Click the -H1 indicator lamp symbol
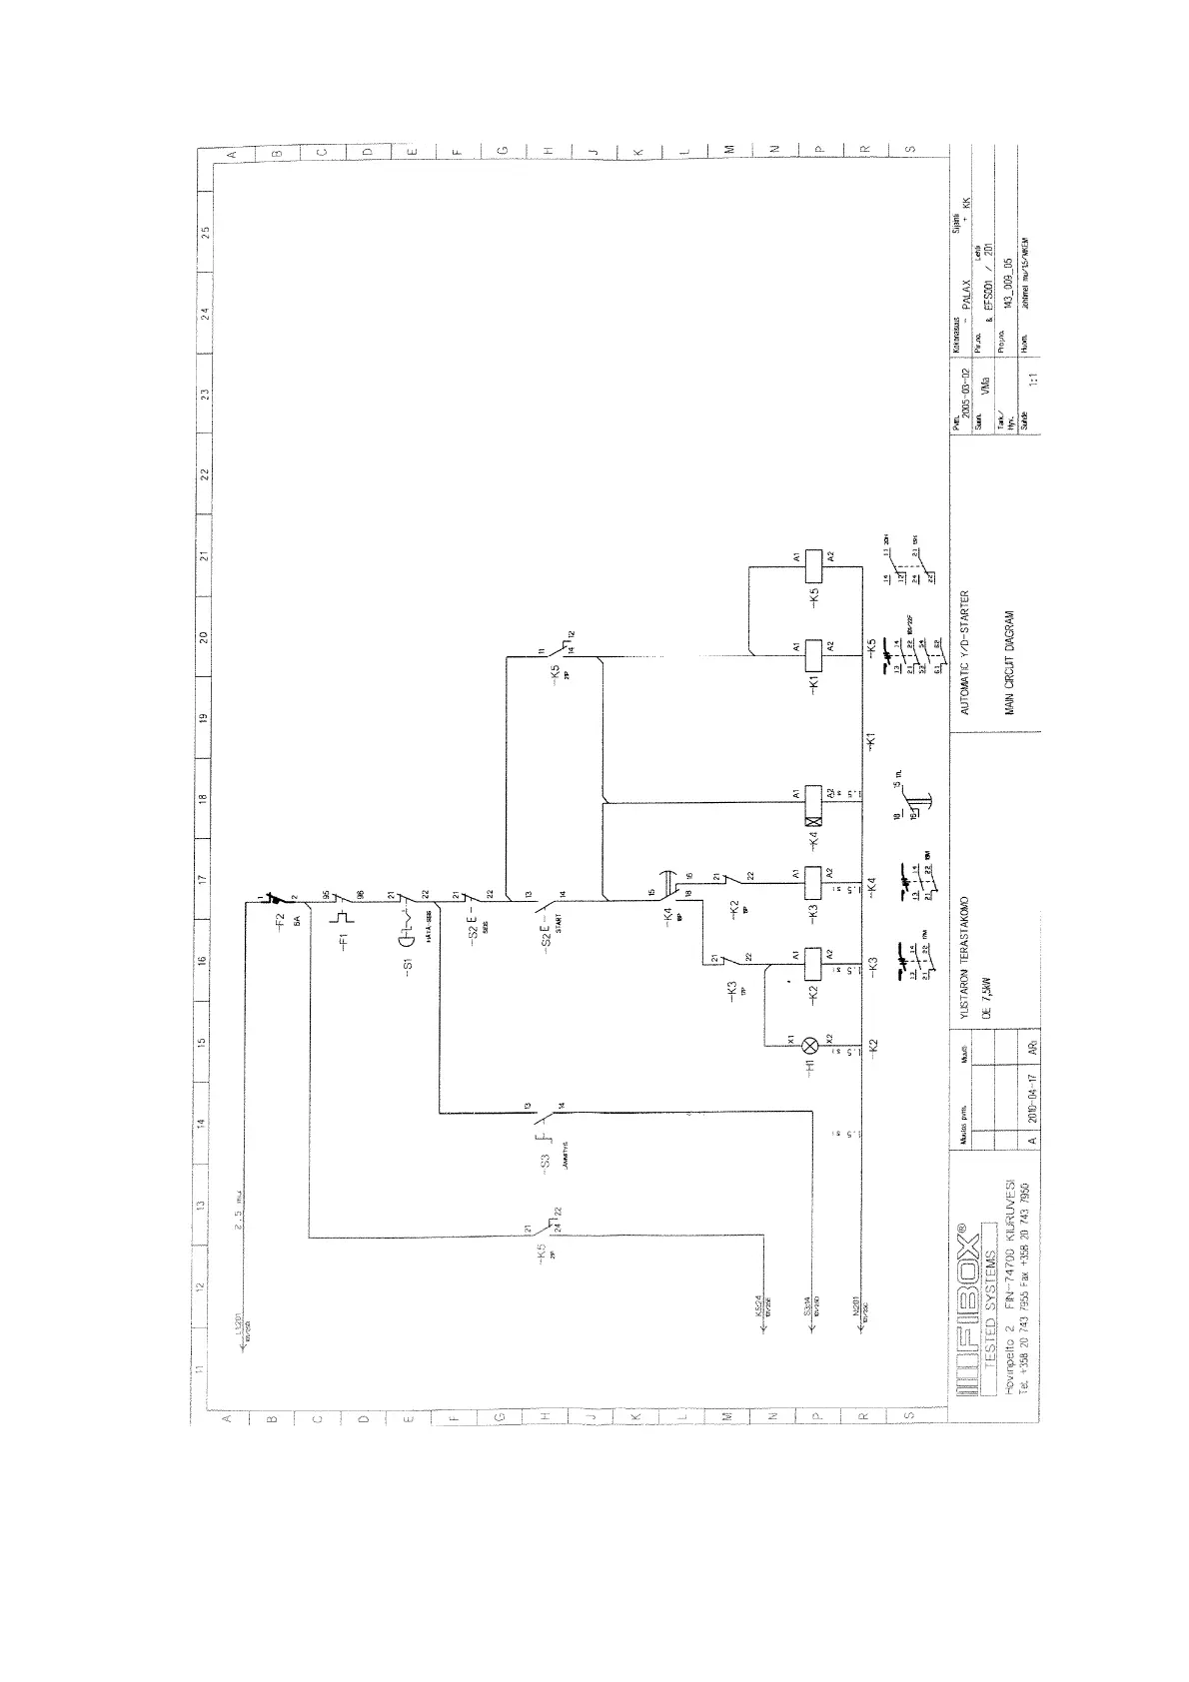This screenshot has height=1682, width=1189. coord(811,1046)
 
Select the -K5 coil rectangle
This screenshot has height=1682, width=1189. coord(812,564)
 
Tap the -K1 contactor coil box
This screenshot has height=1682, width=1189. coord(812,654)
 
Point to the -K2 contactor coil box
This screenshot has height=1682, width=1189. coord(812,962)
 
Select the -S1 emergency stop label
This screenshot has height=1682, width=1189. coord(409,967)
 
